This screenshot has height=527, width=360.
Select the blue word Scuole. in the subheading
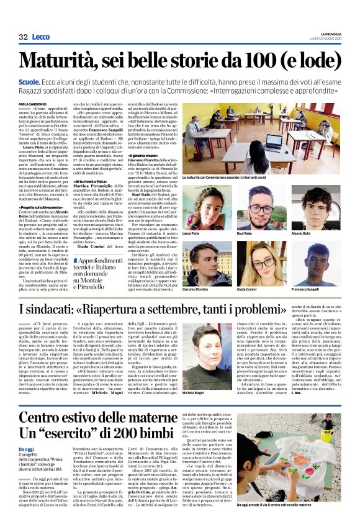click(x=30, y=81)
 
